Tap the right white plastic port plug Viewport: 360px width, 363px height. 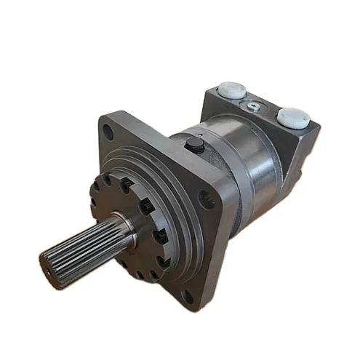pos(294,116)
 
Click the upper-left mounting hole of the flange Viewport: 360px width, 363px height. pos(108,134)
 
